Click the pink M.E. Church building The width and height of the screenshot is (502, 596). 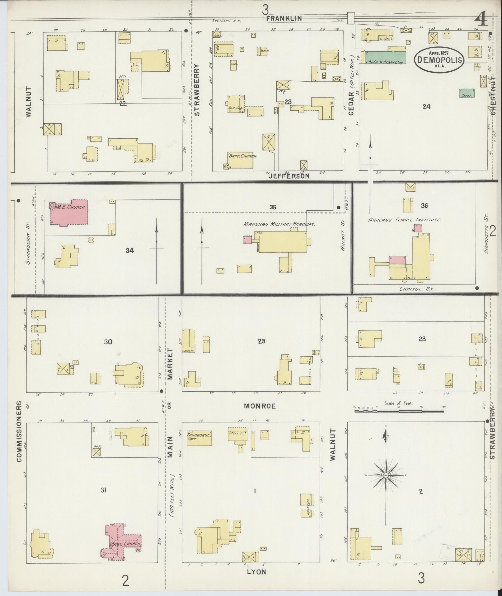pyautogui.click(x=70, y=213)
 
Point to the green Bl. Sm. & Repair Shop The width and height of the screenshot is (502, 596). pyautogui.click(x=385, y=58)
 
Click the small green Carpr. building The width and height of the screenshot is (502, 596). pyautogui.click(x=467, y=93)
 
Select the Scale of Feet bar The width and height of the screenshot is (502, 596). pyautogui.click(x=399, y=411)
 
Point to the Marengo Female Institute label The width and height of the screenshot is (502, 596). pyautogui.click(x=405, y=220)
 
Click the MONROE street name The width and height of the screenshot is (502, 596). pyautogui.click(x=260, y=406)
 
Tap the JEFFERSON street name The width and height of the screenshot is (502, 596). pyautogui.click(x=289, y=176)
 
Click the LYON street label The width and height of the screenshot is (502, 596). pyautogui.click(x=256, y=572)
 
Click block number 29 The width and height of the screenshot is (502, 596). pyautogui.click(x=261, y=341)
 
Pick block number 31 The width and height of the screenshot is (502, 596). pyautogui.click(x=103, y=490)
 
